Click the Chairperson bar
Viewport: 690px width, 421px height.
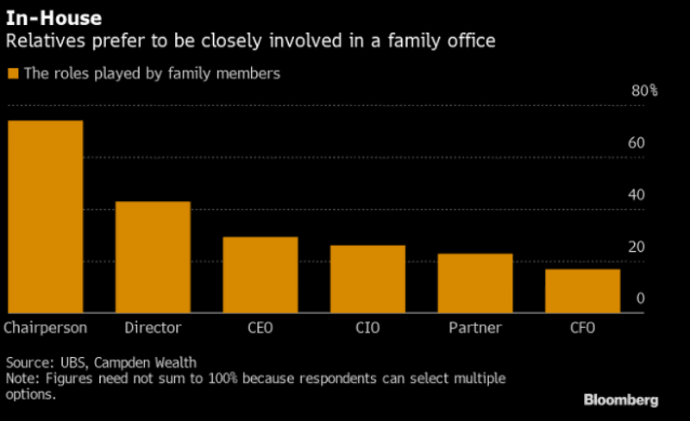pos(45,217)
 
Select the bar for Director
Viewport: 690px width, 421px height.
pos(153,257)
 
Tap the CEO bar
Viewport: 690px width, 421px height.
pos(260,274)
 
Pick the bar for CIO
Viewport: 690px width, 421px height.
pos(367,279)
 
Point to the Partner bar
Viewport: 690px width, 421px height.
pos(474,283)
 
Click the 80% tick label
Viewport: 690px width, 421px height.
pos(644,91)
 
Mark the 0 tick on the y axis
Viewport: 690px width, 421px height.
pos(640,298)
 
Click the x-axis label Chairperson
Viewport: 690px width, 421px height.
pos(45,328)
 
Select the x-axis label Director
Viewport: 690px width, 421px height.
pos(153,328)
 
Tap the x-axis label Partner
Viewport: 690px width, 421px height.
pos(474,328)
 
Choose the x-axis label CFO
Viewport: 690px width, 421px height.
pos(582,328)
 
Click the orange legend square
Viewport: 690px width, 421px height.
pos(12,74)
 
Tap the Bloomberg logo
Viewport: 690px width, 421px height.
pos(621,399)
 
